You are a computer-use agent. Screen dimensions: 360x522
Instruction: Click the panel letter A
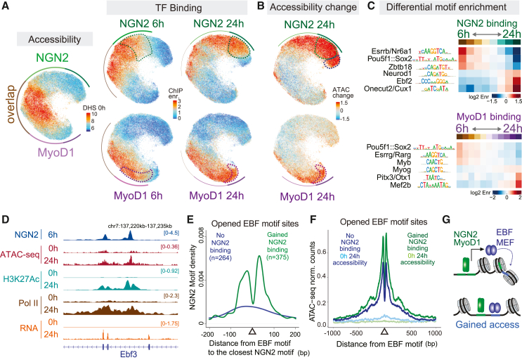[6, 6]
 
